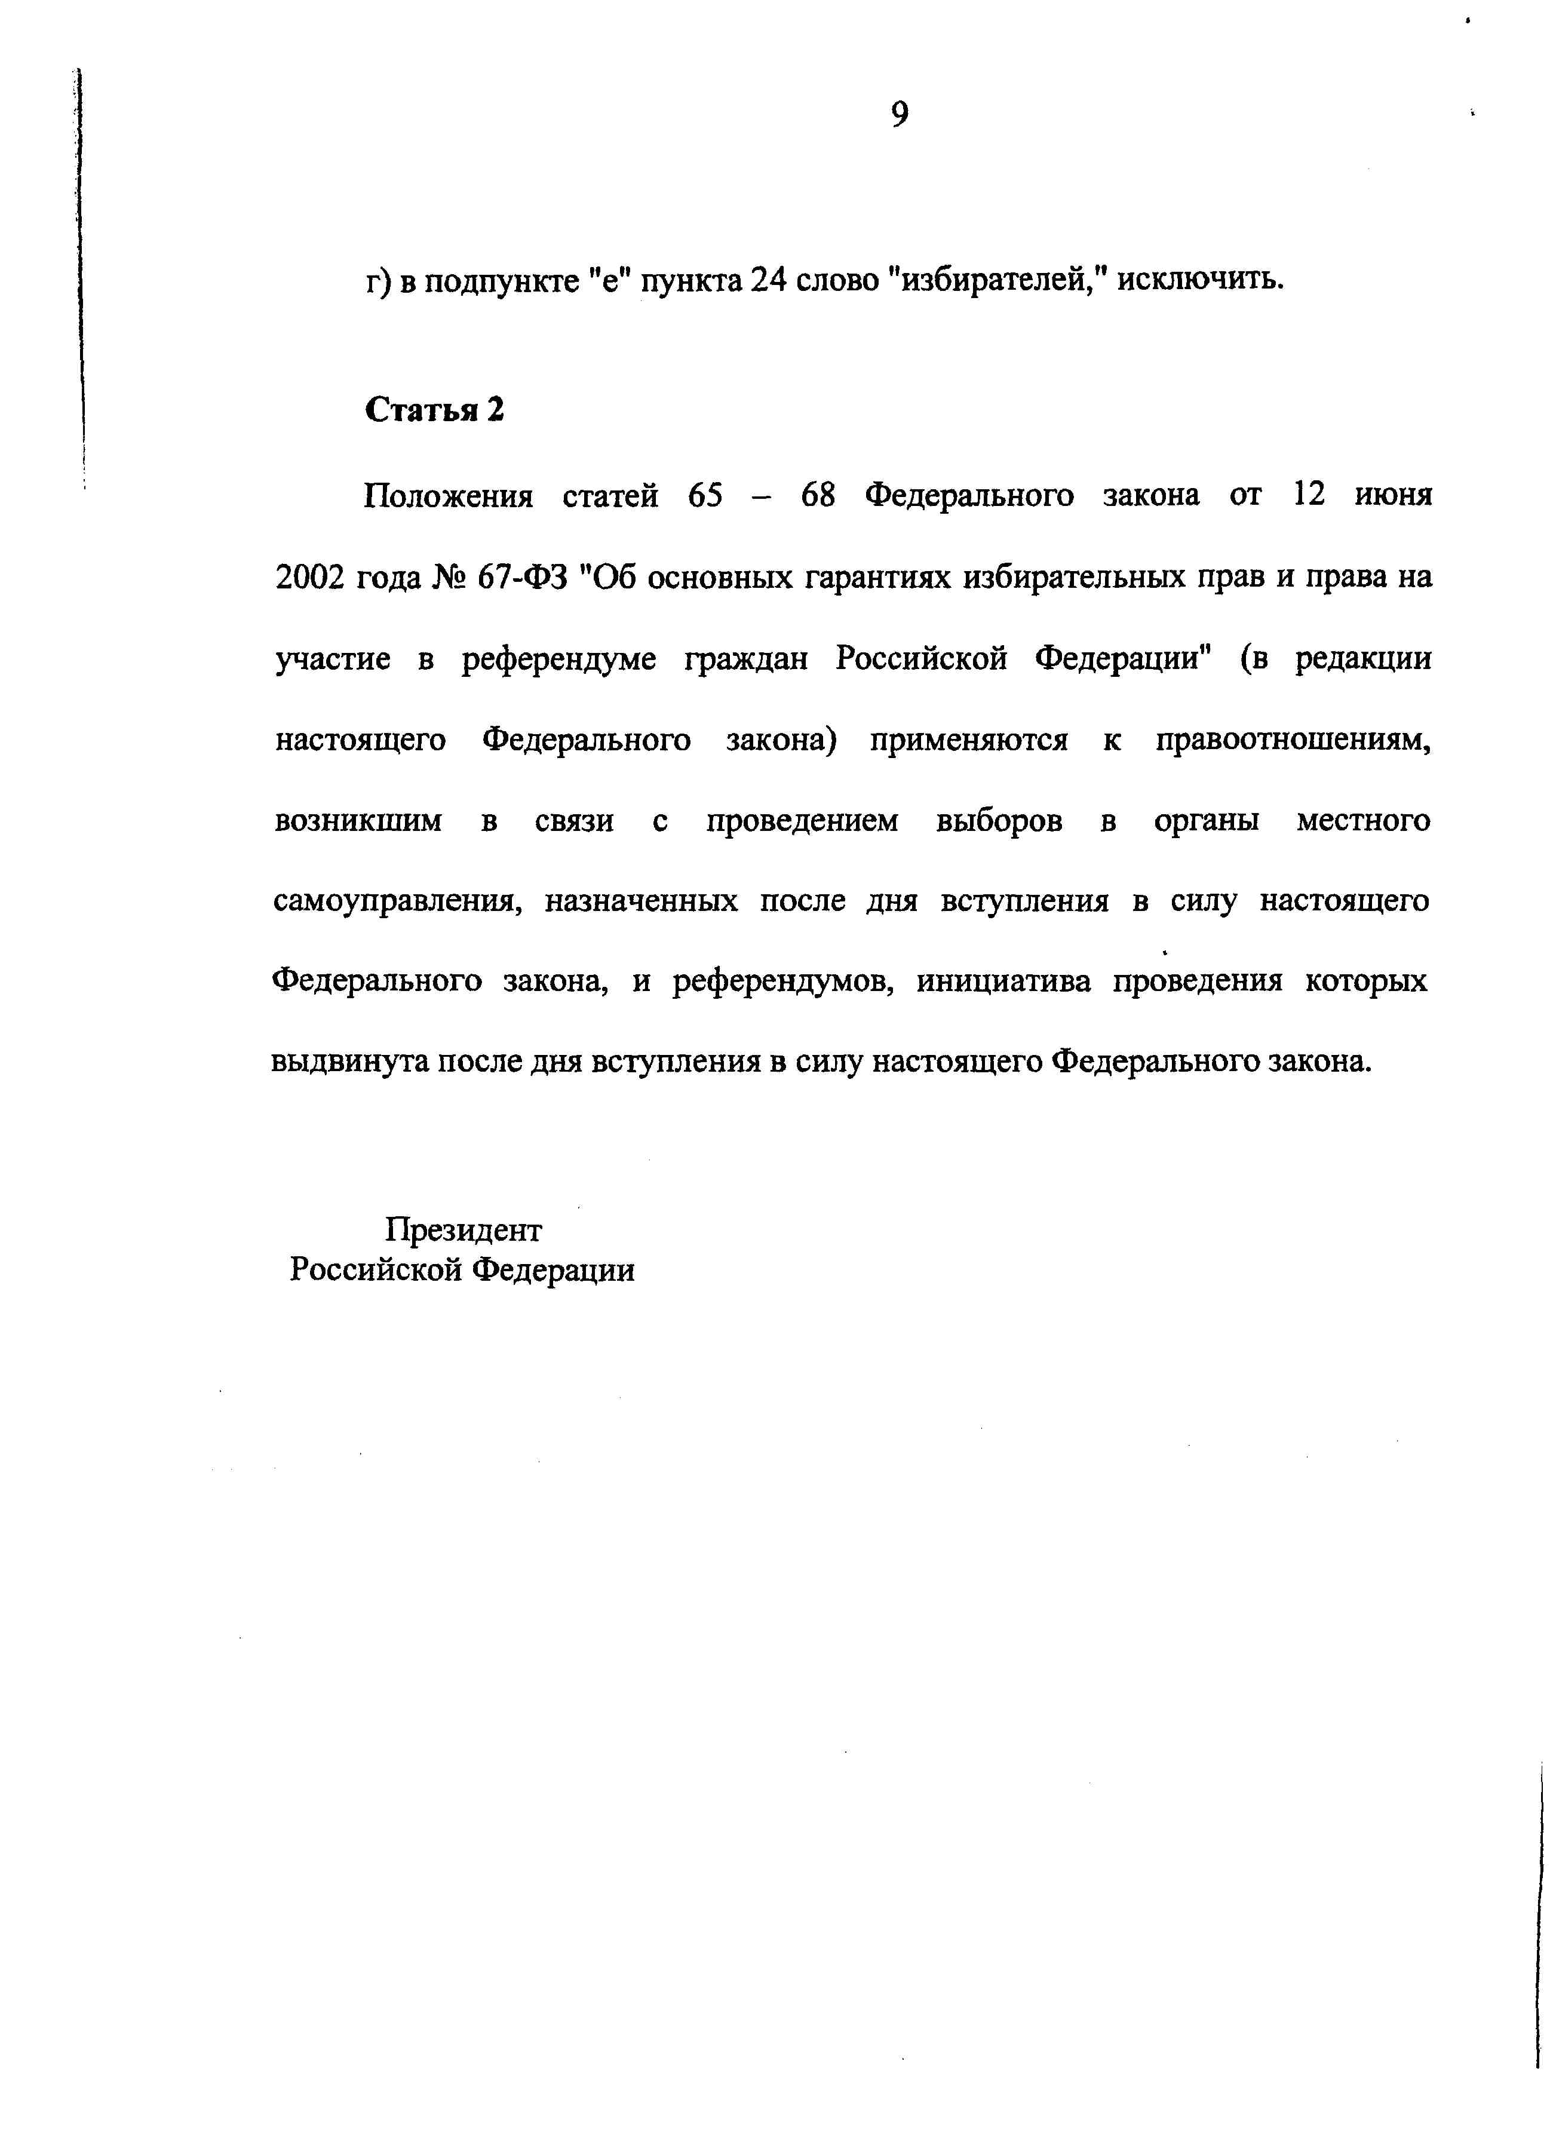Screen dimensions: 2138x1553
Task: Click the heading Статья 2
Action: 434,409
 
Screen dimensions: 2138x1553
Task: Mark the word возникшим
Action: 358,821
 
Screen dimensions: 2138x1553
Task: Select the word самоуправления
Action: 397,902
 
